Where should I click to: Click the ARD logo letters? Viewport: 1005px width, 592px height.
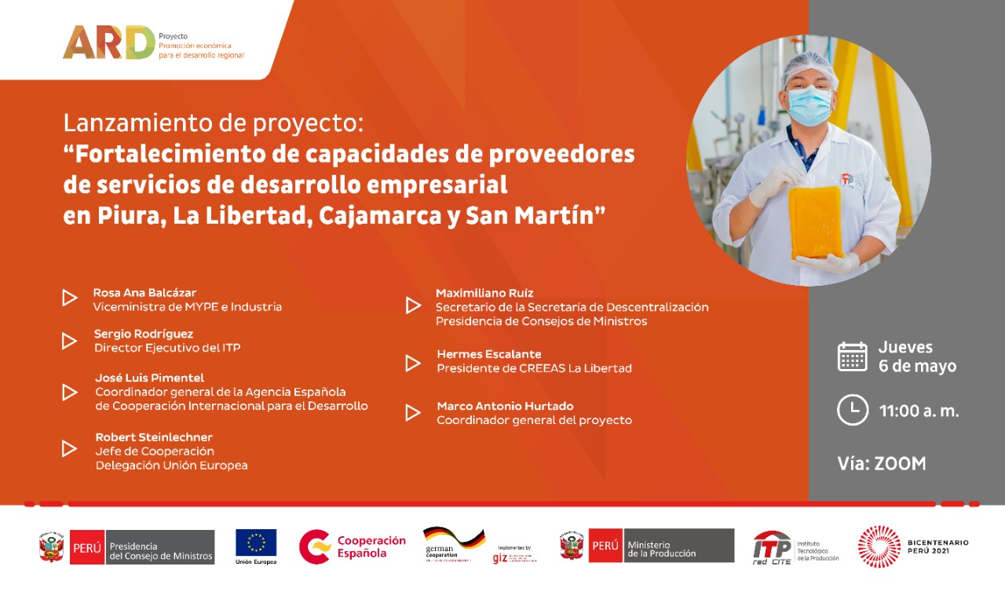pyautogui.click(x=108, y=42)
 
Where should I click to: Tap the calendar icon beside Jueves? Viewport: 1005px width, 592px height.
pyautogui.click(x=853, y=356)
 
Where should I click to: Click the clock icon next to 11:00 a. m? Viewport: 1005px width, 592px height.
pyautogui.click(x=853, y=410)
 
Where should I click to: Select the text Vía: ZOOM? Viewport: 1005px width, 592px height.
pyautogui.click(x=882, y=463)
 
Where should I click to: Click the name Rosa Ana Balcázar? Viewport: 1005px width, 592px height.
pyautogui.click(x=144, y=292)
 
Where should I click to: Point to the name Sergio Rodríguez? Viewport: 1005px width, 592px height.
pyautogui.click(x=144, y=334)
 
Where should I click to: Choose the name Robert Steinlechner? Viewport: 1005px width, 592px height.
pyautogui.click(x=154, y=437)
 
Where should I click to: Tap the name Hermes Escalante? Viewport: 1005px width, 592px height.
pyautogui.click(x=489, y=354)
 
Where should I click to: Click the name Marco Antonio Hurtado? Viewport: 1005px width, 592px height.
pyautogui.click(x=505, y=406)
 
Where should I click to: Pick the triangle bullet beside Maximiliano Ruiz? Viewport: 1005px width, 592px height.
pyautogui.click(x=413, y=305)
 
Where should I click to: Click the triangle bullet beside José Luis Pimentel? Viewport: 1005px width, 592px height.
pyautogui.click(x=70, y=392)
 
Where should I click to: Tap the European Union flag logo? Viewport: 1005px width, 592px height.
pyautogui.click(x=256, y=543)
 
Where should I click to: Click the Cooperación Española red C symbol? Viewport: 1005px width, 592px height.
pyautogui.click(x=314, y=546)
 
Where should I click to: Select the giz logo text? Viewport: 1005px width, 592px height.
pyautogui.click(x=499, y=558)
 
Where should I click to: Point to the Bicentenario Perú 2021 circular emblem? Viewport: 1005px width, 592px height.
pyautogui.click(x=879, y=546)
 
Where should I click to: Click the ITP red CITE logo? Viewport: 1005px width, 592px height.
pyautogui.click(x=772, y=546)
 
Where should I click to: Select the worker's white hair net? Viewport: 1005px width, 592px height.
pyautogui.click(x=809, y=68)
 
